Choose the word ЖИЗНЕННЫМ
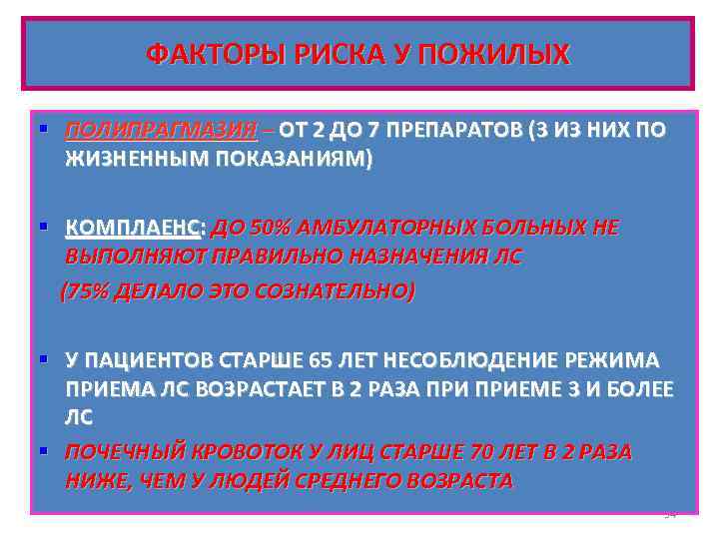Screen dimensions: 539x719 point(137,159)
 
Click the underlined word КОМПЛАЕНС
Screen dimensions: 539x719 point(132,229)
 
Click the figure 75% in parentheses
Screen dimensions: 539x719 point(88,291)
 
